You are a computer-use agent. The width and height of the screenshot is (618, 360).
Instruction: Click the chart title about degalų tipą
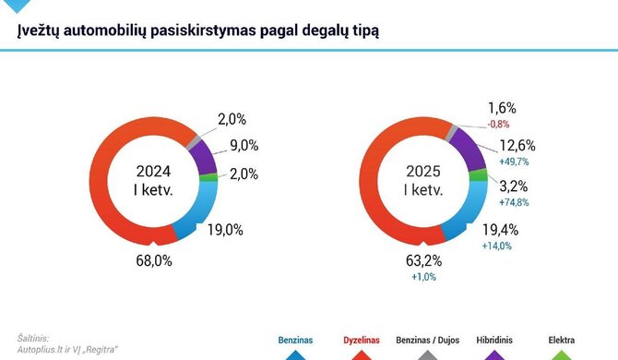click(x=199, y=30)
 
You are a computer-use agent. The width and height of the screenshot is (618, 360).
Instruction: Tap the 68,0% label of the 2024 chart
click(x=156, y=261)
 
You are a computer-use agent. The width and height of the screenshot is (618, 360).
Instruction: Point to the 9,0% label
click(x=244, y=145)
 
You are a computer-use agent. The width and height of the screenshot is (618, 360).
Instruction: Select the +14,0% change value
click(x=496, y=246)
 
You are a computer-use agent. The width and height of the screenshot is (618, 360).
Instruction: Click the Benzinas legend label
click(x=295, y=340)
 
